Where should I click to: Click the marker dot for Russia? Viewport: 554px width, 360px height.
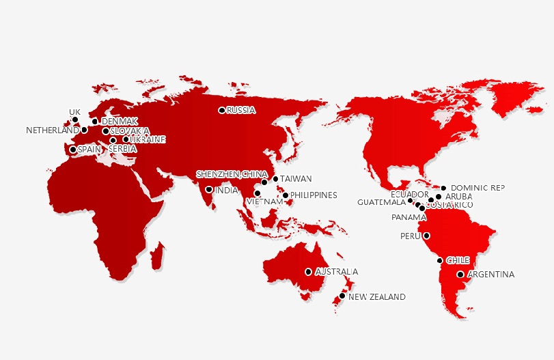pos(221,110)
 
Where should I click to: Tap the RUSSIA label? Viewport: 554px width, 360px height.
pos(241,110)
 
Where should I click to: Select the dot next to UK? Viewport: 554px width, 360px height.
pos(75,120)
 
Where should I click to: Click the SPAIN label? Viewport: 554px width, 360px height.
pos(89,149)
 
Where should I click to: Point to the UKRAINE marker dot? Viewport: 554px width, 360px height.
pos(126,139)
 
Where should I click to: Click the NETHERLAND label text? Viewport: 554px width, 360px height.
pos(53,130)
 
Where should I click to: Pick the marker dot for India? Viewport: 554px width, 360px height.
pos(208,190)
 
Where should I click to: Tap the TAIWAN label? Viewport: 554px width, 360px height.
pos(296,179)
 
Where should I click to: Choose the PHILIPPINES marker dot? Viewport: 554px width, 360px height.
pos(286,195)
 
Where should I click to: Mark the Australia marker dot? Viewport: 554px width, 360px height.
pos(308,272)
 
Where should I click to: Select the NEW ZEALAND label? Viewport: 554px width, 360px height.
pos(376,297)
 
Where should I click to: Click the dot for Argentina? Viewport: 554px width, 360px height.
pos(460,275)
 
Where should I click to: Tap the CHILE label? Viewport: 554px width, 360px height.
pos(458,260)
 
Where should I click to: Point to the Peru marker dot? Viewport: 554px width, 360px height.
pos(427,236)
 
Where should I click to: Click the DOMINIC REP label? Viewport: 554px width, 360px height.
pos(478,187)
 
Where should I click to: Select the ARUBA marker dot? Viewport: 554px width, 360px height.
pos(439,197)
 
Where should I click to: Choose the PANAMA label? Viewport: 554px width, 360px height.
pos(408,217)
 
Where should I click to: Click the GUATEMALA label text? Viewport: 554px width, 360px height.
pos(381,202)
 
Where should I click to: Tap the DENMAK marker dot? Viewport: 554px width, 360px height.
pos(95,122)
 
